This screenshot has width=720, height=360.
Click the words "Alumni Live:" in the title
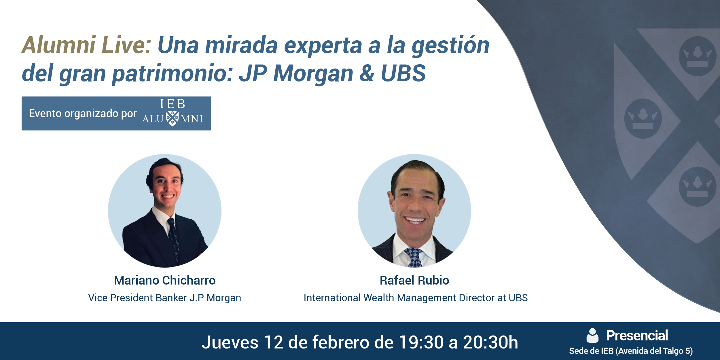point(86,45)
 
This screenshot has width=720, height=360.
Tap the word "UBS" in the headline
point(403,73)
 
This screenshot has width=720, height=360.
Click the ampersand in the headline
point(367,73)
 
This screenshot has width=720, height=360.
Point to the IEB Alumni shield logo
point(172,118)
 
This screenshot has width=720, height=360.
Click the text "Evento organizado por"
point(83,113)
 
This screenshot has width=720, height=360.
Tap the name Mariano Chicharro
point(165,280)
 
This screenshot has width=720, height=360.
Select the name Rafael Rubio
point(414,280)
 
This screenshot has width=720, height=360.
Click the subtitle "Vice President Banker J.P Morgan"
point(165,298)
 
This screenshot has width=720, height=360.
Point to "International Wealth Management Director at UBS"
point(416,298)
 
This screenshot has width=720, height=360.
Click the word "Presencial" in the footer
point(637,336)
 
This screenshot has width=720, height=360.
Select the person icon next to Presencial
point(592,336)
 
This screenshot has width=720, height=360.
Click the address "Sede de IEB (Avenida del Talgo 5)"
point(631,351)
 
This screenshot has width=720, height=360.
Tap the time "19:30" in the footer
point(421,342)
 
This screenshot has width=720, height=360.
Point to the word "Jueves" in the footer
point(230,342)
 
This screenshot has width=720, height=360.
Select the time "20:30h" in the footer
point(490,342)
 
